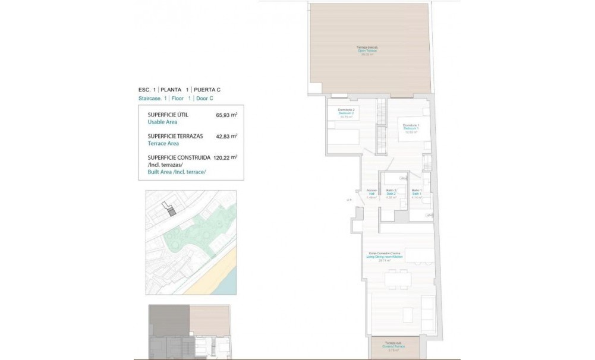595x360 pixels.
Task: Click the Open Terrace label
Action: (x=369, y=50)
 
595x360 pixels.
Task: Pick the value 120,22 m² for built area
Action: (x=225, y=157)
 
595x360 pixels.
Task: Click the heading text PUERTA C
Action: (x=207, y=90)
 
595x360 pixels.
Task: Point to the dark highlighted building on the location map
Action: (x=171, y=211)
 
